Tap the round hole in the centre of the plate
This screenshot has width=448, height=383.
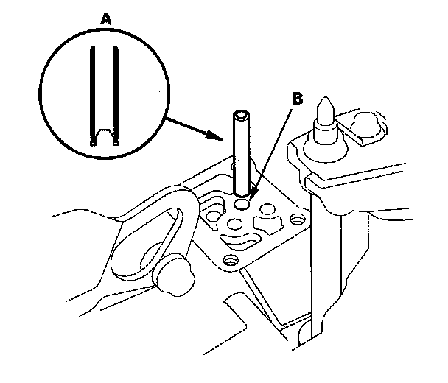pyautogui.click(x=237, y=222)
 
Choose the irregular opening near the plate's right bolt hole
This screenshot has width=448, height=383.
pyautogui.click(x=269, y=222)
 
